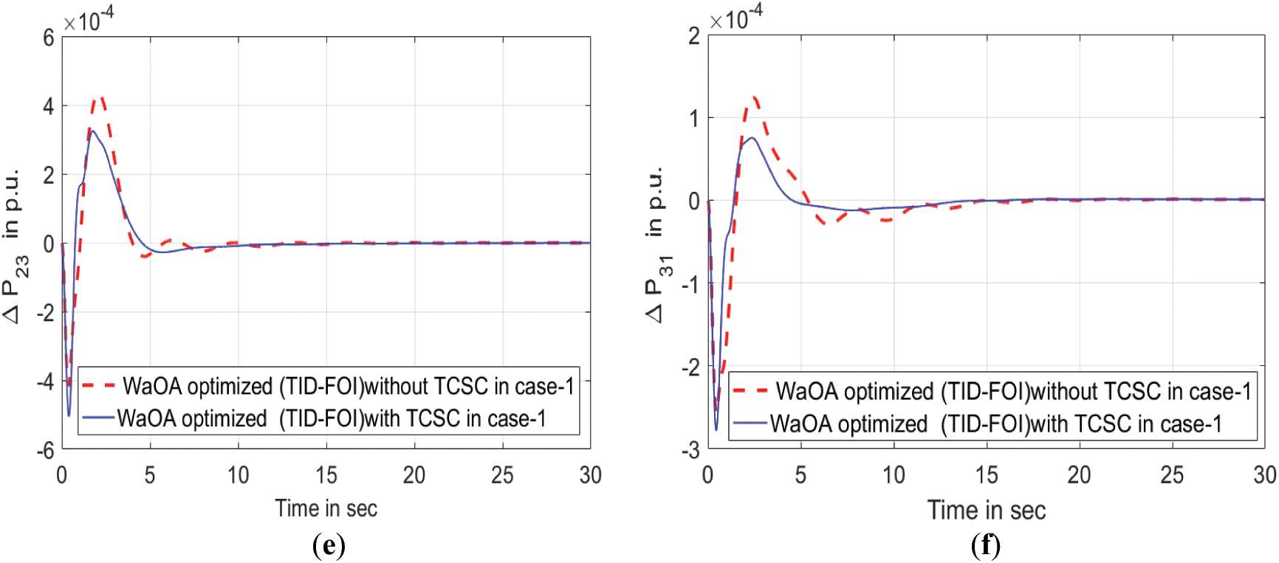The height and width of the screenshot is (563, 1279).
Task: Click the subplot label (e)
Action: (329, 546)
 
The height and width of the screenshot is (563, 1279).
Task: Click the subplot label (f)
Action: (986, 546)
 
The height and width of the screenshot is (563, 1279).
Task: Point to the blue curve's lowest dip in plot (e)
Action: (69, 415)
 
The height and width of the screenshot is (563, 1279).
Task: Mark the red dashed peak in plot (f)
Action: (754, 97)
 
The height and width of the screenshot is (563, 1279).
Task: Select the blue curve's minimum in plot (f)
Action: (716, 429)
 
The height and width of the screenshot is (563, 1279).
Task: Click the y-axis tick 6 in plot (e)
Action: (49, 38)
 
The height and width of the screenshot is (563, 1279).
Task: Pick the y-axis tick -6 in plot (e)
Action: (46, 450)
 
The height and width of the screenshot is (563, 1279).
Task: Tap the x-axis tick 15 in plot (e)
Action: (326, 475)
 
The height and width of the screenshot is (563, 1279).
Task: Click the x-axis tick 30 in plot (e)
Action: (590, 475)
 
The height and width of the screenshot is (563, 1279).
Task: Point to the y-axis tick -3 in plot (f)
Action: (692, 450)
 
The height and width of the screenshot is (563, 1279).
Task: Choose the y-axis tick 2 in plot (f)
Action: (694, 36)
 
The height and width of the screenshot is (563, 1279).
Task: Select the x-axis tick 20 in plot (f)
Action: (1079, 475)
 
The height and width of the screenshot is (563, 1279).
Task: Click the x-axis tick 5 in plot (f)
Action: (800, 475)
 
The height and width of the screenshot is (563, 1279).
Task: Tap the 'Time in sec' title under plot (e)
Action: (326, 508)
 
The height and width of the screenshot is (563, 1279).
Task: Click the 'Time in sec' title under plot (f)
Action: (987, 510)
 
